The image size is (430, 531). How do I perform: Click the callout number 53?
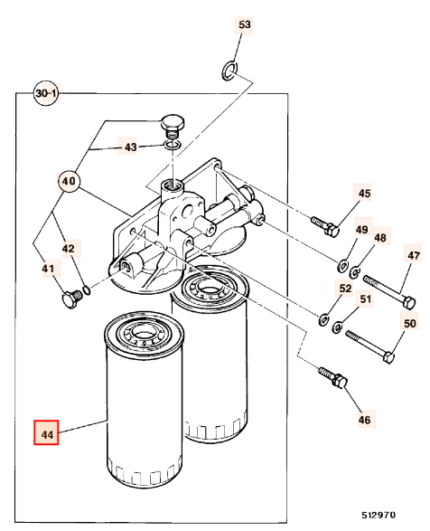pyautogui.click(x=244, y=24)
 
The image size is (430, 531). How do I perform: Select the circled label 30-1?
pyautogui.click(x=46, y=93)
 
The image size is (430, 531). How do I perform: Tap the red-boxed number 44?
pyautogui.click(x=46, y=432)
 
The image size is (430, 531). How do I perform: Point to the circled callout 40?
pyautogui.click(x=69, y=181)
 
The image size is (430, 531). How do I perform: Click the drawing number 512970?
pyautogui.click(x=379, y=515)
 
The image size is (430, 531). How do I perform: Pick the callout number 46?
pyautogui.click(x=364, y=420)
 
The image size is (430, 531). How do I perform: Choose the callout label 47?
pyautogui.click(x=414, y=255)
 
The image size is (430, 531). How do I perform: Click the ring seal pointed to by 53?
pyautogui.click(x=229, y=71)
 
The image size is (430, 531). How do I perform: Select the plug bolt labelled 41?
pyautogui.click(x=72, y=299)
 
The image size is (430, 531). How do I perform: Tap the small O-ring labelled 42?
pyautogui.click(x=87, y=290)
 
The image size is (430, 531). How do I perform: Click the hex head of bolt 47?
pyautogui.click(x=409, y=302)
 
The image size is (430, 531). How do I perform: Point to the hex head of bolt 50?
pyautogui.click(x=389, y=357)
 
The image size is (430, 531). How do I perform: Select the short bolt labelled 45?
pyautogui.click(x=325, y=226)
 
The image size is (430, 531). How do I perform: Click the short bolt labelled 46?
pyautogui.click(x=333, y=378)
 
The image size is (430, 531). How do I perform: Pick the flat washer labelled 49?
pyautogui.click(x=342, y=265)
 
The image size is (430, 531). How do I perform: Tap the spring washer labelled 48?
pyautogui.click(x=355, y=271)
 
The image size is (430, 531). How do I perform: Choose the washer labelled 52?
pyautogui.click(x=324, y=319)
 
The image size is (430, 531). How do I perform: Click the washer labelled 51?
pyautogui.click(x=337, y=327)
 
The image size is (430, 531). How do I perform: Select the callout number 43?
pyautogui.click(x=130, y=147)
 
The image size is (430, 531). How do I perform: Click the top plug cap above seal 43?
pyautogui.click(x=173, y=127)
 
